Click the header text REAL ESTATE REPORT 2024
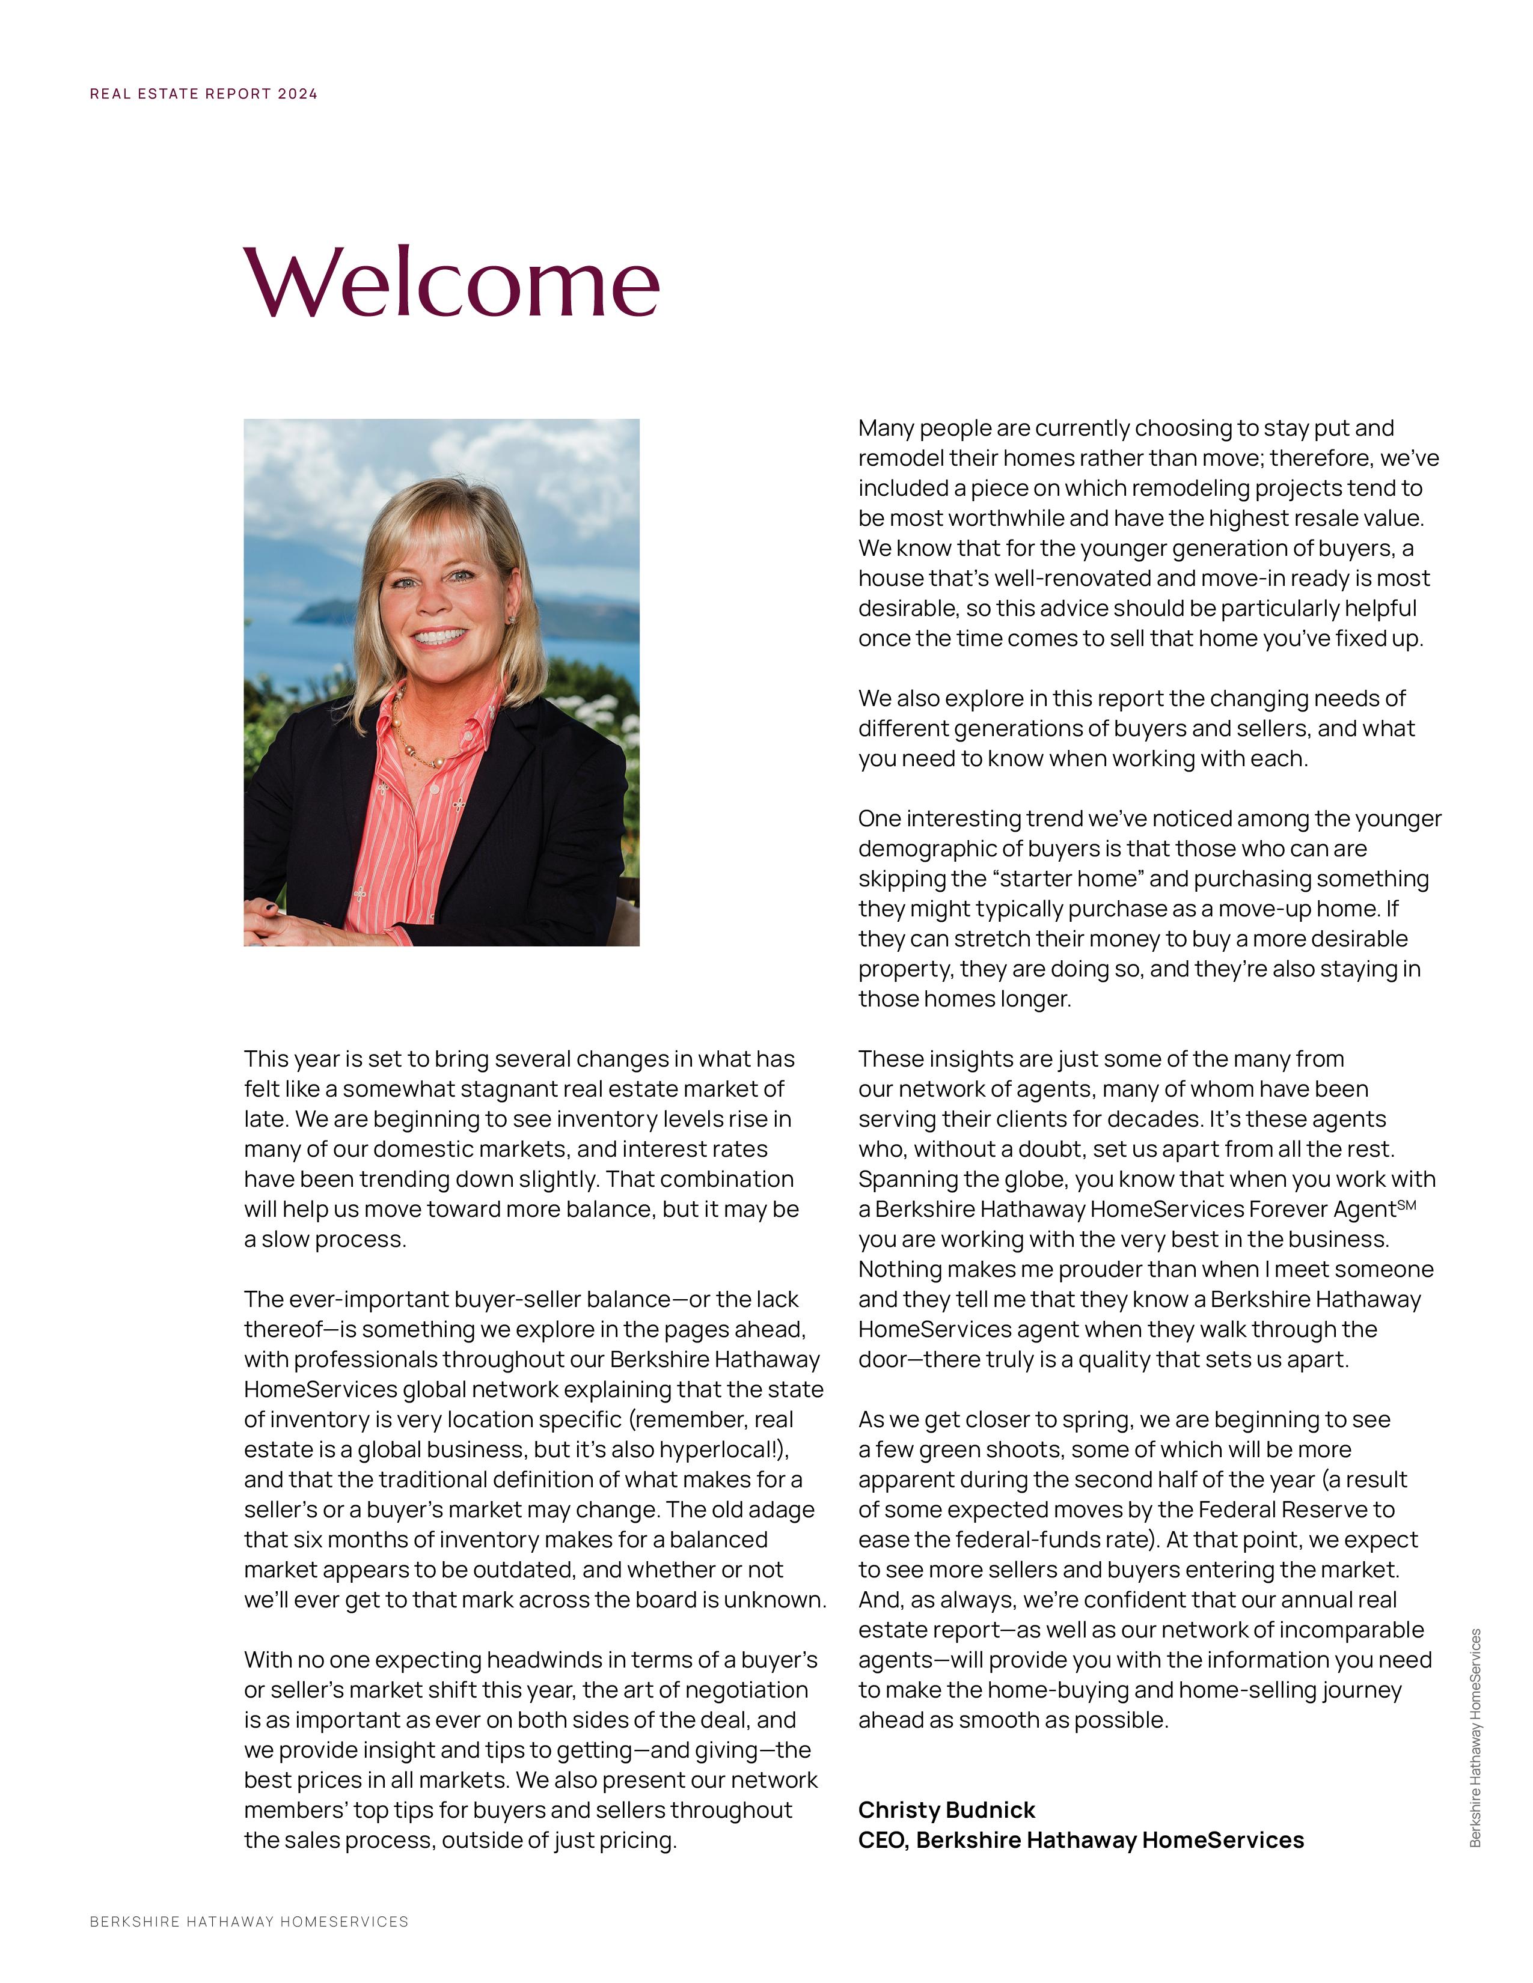click(203, 94)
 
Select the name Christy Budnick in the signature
click(946, 1809)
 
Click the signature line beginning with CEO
click(1081, 1839)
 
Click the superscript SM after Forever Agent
click(1406, 1205)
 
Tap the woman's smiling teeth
click(439, 636)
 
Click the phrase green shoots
click(973, 1449)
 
